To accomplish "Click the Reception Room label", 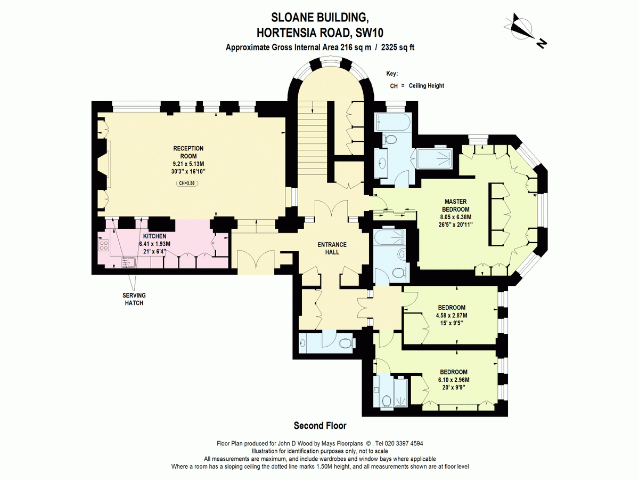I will [x=188, y=152].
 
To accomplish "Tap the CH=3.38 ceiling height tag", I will [x=187, y=183].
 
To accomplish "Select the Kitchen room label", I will [x=154, y=236].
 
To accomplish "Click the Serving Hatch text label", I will [x=134, y=299].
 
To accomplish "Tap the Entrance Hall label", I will [x=332, y=249].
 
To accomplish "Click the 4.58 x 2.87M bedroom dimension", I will [x=452, y=315].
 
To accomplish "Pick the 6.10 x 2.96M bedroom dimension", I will [x=454, y=380].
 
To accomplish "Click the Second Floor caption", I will [x=320, y=426].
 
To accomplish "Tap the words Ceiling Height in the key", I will [x=426, y=86].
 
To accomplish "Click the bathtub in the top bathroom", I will [x=394, y=122].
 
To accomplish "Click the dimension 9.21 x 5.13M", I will [x=188, y=164].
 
